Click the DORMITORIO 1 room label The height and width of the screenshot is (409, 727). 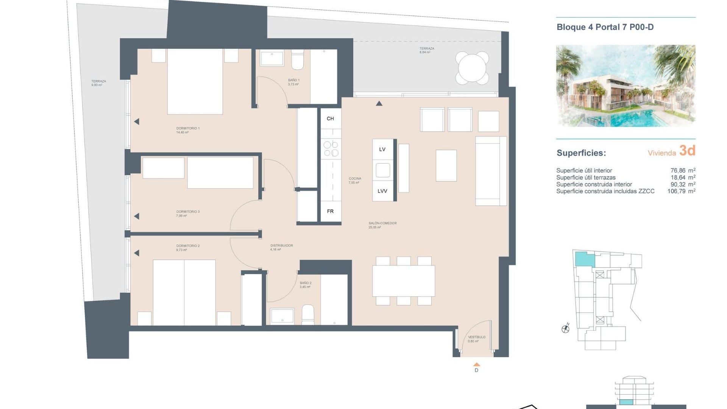tap(188, 128)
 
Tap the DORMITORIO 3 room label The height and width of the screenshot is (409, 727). tap(188, 212)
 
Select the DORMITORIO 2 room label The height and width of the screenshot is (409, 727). tap(188, 246)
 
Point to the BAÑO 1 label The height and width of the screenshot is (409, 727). tap(293, 80)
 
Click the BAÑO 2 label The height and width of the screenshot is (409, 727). tap(306, 283)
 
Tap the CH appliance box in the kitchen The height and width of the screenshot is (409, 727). tap(331, 119)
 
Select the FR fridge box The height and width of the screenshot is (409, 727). tap(331, 211)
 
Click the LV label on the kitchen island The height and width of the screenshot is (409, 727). tap(382, 150)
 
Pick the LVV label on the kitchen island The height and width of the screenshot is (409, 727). tap(382, 191)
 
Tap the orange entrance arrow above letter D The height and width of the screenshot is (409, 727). tap(477, 364)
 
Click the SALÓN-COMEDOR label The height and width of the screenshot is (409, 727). tap(382, 223)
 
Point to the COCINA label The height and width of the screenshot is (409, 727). tap(355, 179)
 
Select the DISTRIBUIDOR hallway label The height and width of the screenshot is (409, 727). tap(282, 246)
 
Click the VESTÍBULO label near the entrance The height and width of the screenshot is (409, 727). tap(477, 337)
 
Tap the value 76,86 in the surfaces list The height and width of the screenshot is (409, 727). tap(678, 171)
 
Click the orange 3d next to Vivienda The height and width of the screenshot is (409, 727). tap(687, 151)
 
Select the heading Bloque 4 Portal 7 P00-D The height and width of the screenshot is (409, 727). tap(605, 27)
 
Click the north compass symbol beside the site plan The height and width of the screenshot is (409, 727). tap(566, 329)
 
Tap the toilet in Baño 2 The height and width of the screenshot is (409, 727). tap(308, 315)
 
